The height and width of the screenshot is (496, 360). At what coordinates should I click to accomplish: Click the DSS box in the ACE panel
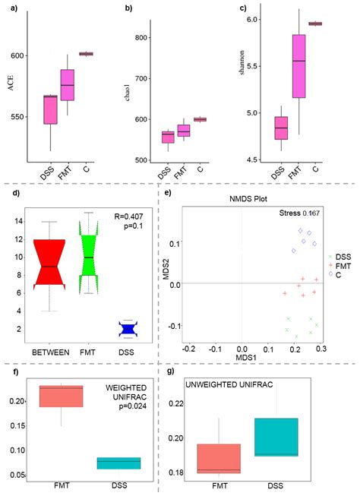pos(50,109)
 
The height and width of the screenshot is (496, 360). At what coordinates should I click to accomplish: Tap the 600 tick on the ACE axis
pos(16,55)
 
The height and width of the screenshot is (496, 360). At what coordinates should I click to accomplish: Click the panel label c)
pos(243,8)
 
